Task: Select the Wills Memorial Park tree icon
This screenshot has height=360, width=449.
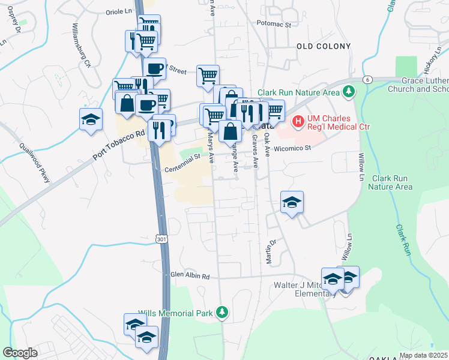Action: (x=222, y=313)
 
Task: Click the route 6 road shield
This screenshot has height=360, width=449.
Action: (x=367, y=79)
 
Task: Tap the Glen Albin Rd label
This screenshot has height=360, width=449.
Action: (x=190, y=277)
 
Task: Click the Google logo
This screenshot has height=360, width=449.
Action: (x=20, y=352)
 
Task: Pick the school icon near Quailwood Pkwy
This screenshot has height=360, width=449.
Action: (x=91, y=119)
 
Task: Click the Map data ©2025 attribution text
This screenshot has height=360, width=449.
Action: (x=423, y=355)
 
